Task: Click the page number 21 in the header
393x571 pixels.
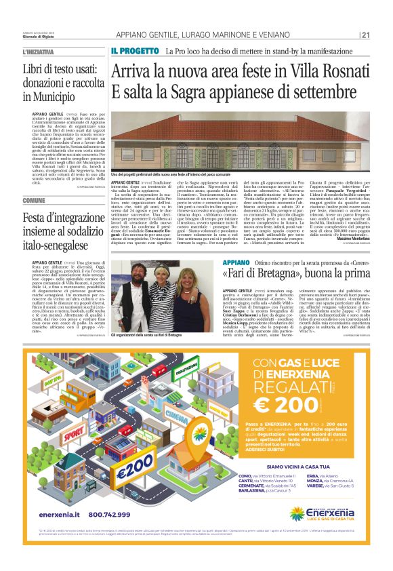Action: tap(365, 35)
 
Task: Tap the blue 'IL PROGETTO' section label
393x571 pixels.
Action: tap(135, 51)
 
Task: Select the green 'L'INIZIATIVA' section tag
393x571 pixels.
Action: tap(39, 52)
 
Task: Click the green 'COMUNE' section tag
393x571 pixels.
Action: tap(34, 200)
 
